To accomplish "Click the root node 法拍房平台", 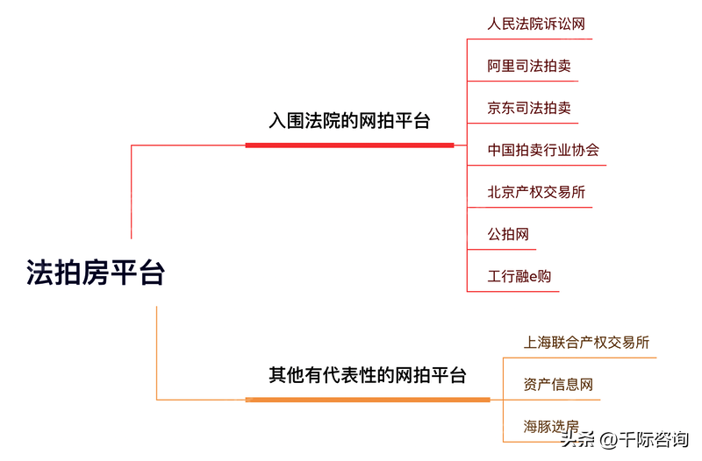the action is (x=96, y=273).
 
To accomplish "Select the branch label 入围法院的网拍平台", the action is (x=349, y=121).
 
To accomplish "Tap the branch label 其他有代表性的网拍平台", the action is (x=367, y=376).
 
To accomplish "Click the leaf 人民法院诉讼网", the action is (x=536, y=24).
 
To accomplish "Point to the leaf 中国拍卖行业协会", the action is (x=543, y=150).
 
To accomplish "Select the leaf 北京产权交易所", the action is (x=536, y=192).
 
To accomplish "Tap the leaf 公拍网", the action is (x=508, y=234).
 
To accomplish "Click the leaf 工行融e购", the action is (x=519, y=276).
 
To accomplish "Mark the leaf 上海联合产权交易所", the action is (x=586, y=342).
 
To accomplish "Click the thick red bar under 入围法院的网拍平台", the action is (x=349, y=145).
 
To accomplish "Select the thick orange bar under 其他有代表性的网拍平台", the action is (x=368, y=400).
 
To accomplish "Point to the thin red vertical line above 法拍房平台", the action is (x=132, y=193).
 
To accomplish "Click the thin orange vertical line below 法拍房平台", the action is (x=156, y=351).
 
